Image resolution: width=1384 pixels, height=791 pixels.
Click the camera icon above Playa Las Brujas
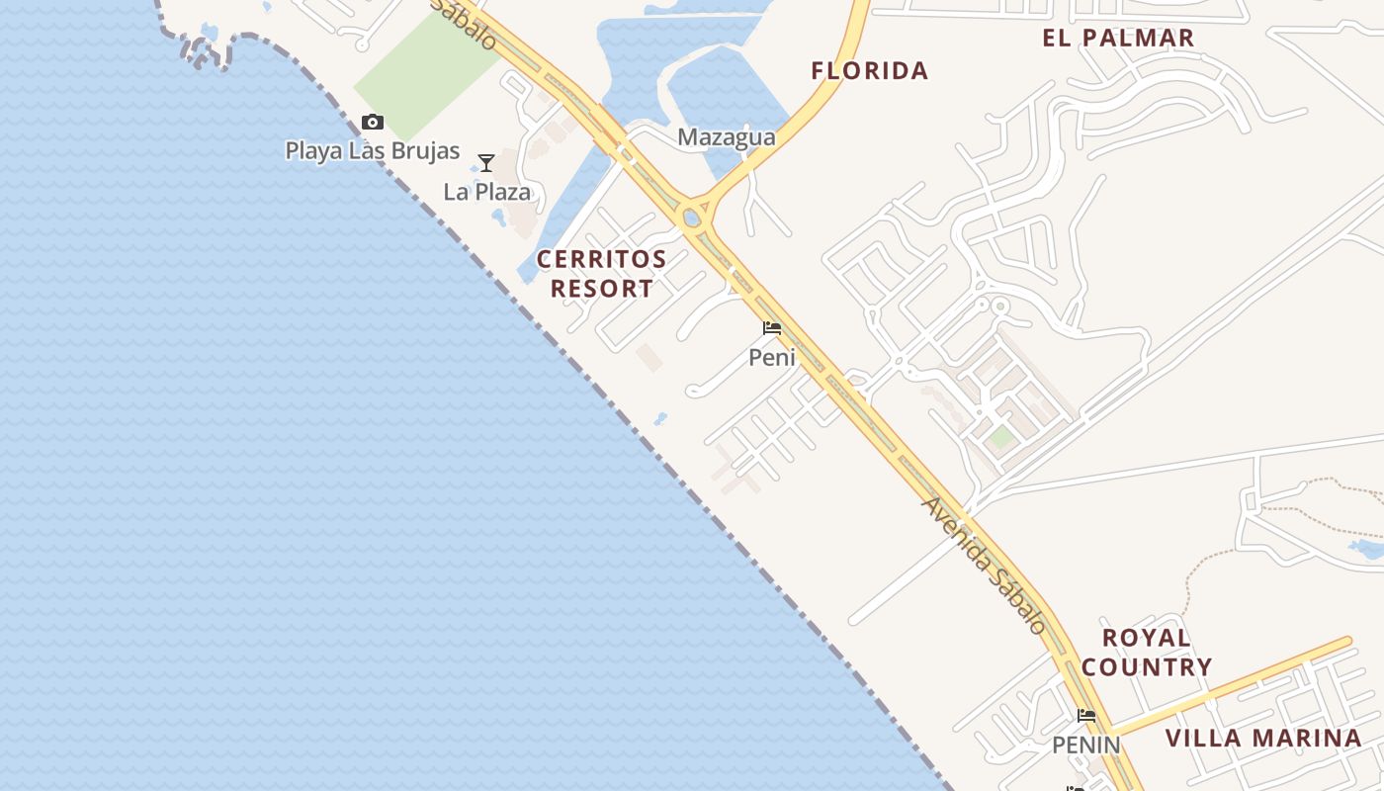(x=372, y=123)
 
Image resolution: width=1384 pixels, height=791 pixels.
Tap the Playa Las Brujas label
(x=373, y=151)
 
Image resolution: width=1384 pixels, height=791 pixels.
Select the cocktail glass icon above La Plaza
(x=485, y=163)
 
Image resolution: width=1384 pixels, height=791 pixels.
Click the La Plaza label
(x=486, y=192)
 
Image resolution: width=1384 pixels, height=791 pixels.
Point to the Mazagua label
(x=726, y=137)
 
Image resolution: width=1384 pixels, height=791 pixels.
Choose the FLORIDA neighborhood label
(x=869, y=71)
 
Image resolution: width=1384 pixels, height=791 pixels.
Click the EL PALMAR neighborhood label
(x=1118, y=39)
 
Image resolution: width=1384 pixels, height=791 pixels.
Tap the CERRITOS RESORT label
(x=601, y=274)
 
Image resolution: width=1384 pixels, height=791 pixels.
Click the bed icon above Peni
(x=772, y=328)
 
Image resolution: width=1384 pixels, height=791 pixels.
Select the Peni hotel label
(x=772, y=357)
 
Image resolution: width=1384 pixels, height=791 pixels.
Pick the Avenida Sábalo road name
(x=984, y=565)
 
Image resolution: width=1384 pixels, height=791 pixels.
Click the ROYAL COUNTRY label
(x=1146, y=652)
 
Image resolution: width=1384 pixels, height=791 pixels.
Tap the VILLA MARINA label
(x=1263, y=739)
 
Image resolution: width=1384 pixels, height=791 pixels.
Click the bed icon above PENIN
(x=1086, y=716)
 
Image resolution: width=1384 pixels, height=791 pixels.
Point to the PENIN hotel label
(x=1085, y=745)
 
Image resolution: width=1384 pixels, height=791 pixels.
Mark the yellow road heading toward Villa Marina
(x=1236, y=684)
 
